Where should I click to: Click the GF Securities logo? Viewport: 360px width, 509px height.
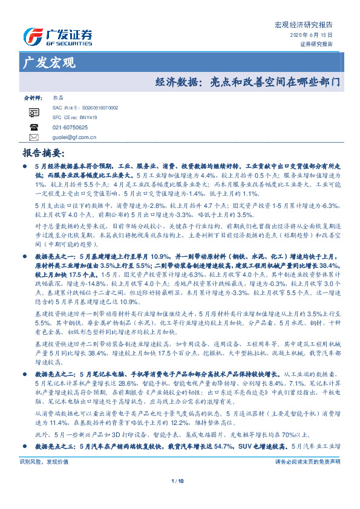pos(57,36)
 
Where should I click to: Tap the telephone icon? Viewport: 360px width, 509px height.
pos(34,128)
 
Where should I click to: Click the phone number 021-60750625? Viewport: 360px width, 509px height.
pos(71,128)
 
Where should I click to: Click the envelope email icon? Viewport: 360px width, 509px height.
pos(34,137)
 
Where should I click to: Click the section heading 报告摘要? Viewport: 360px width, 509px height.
pos(42,154)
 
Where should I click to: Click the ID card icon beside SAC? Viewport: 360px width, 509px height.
pos(34,112)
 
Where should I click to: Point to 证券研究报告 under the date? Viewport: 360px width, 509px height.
pos(316,44)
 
